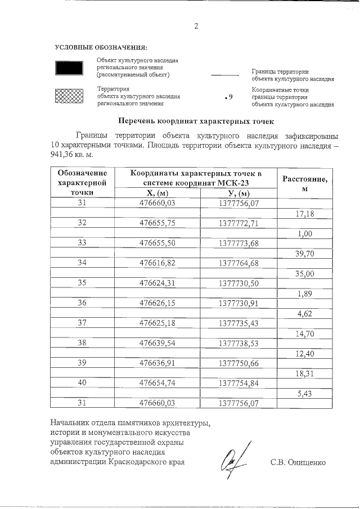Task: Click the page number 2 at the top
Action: pyautogui.click(x=196, y=26)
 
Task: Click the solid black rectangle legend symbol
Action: pyautogui.click(x=69, y=67)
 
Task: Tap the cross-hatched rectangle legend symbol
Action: pyautogui.click(x=69, y=96)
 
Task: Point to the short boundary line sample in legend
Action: pyautogui.click(x=224, y=75)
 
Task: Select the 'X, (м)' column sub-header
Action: pyautogui.click(x=157, y=193)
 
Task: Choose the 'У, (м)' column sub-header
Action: pyautogui.click(x=238, y=193)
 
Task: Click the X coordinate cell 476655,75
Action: pyautogui.click(x=157, y=223)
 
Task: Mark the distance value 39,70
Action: pyautogui.click(x=304, y=254)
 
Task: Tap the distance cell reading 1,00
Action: pyautogui.click(x=304, y=233)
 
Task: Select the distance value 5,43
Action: pyautogui.click(x=304, y=394)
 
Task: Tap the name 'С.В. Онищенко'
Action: pyautogui.click(x=298, y=463)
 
